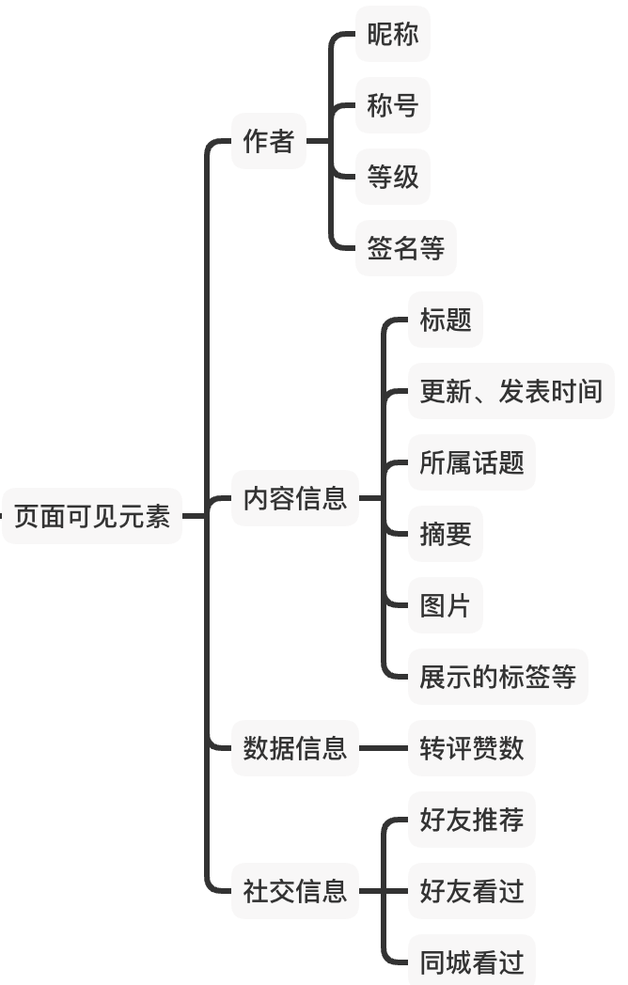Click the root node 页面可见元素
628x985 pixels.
click(x=92, y=516)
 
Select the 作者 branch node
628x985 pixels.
click(x=269, y=141)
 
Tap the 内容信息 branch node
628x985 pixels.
click(x=295, y=498)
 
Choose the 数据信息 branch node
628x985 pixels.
click(x=295, y=748)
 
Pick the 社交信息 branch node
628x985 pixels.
click(x=295, y=890)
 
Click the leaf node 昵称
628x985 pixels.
click(x=393, y=35)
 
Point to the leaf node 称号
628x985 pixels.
click(x=393, y=105)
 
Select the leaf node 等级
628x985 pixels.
click(x=393, y=177)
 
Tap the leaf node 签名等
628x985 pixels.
click(x=406, y=248)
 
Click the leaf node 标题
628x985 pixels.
click(x=446, y=320)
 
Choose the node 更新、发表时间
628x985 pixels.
click(x=510, y=391)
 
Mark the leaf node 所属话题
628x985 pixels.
click(x=472, y=462)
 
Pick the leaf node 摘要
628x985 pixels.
click(x=446, y=534)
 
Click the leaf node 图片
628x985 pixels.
click(x=446, y=605)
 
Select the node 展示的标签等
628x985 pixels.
click(x=497, y=677)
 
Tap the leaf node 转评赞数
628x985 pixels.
click(x=472, y=748)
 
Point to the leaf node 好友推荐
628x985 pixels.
click(x=472, y=820)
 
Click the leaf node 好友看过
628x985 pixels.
click(x=472, y=890)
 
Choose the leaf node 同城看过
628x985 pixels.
click(x=472, y=962)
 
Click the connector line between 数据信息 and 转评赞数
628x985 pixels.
click(x=384, y=748)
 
